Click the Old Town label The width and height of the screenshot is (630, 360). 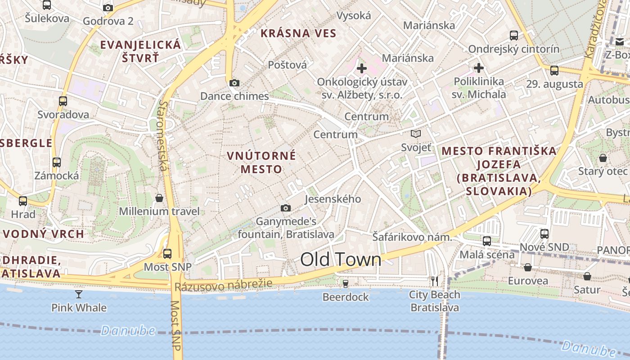pos(341,260)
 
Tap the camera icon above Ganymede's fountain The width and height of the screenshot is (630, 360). pos(285,208)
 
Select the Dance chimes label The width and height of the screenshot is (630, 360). pos(234,96)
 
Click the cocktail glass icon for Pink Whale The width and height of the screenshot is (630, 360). pos(79,294)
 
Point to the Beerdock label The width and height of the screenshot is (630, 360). pos(346,297)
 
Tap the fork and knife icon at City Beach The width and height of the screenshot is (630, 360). pos(435,281)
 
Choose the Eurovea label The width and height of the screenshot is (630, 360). pos(528,281)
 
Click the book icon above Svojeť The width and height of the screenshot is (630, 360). pos(416,134)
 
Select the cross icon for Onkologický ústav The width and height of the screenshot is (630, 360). pos(362,68)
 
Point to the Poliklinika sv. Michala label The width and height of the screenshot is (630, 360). pos(479,88)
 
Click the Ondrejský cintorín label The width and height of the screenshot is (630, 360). pos(514,49)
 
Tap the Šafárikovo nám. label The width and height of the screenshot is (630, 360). pos(412,237)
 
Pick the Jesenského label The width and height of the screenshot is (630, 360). pos(333,199)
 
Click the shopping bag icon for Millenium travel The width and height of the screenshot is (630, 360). pos(159,198)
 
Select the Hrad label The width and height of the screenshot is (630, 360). pos(23,214)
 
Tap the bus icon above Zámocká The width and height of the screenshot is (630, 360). pos(57,162)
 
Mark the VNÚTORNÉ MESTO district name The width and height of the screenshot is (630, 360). pos(261,162)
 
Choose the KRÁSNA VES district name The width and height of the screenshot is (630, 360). pos(298,33)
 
